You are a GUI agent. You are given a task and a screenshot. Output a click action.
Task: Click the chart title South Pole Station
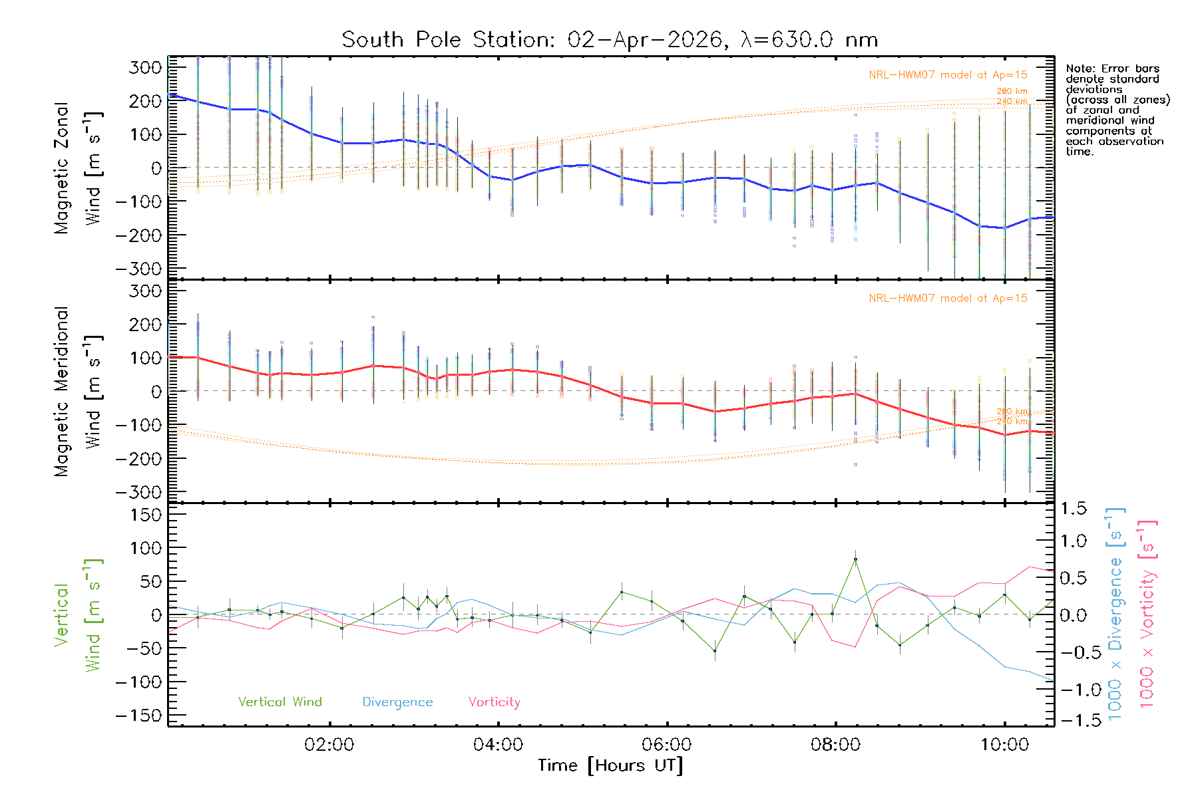[x=609, y=40]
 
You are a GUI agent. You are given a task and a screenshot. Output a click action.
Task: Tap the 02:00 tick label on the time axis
[x=329, y=745]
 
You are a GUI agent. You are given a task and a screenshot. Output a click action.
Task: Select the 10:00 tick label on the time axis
[x=1004, y=745]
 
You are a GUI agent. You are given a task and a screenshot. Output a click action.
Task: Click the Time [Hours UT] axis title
[x=610, y=765]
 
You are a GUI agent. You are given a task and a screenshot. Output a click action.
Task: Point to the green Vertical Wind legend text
[x=280, y=702]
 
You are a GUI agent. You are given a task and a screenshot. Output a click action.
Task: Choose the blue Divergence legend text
[x=397, y=702]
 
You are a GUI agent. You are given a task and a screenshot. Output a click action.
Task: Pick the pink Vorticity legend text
[x=494, y=702]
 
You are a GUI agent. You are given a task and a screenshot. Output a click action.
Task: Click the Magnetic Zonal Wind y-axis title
[x=78, y=168]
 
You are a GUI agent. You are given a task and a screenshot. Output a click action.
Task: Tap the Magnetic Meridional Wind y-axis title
[x=78, y=391]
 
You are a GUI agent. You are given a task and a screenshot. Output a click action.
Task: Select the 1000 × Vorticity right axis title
[x=1147, y=614]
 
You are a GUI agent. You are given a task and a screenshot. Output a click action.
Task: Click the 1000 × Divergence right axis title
[x=1115, y=614]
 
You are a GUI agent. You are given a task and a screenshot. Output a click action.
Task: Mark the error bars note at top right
[x=1117, y=110]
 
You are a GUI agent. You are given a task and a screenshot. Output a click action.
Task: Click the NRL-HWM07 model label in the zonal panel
[x=948, y=75]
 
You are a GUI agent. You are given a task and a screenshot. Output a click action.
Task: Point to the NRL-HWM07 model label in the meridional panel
[x=948, y=299]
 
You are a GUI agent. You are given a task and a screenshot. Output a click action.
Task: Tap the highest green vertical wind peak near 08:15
[x=855, y=559]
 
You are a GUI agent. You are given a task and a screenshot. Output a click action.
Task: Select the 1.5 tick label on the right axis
[x=1073, y=509]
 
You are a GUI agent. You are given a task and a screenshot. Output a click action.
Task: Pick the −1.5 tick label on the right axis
[x=1073, y=720]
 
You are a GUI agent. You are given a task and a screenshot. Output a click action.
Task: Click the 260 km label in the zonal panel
[x=1012, y=91]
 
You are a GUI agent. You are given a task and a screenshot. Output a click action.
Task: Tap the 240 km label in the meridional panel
[x=1012, y=422]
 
